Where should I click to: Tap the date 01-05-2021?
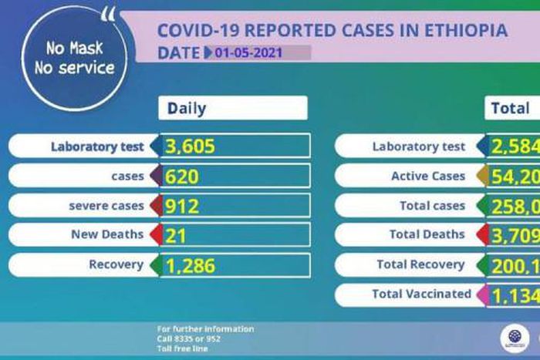pyautogui.click(x=249, y=53)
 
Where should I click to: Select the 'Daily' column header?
pyautogui.click(x=187, y=109)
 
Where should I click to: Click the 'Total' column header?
pyautogui.click(x=510, y=109)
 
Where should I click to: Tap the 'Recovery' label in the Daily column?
pyautogui.click(x=116, y=265)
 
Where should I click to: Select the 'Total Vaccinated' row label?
pyautogui.click(x=421, y=294)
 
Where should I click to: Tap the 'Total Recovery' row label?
pyautogui.click(x=420, y=265)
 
